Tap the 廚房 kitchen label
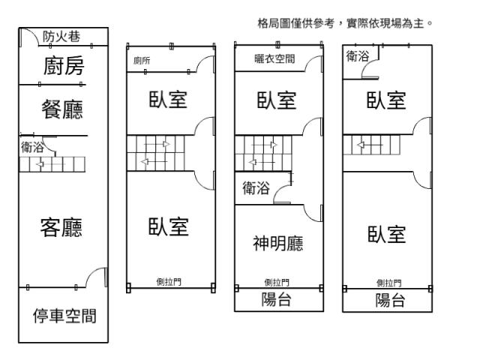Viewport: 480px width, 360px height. coord(62,67)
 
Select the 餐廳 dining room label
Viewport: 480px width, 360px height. coord(62,110)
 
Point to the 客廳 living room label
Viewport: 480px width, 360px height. coord(61,226)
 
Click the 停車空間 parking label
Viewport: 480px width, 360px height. coord(64,315)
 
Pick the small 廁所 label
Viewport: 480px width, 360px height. coord(141,61)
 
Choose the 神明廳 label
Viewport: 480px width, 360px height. coord(277,244)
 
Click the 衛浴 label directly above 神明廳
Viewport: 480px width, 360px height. coord(256,189)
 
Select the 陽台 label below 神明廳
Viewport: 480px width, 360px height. coord(277,301)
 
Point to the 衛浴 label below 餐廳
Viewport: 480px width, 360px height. coord(32,148)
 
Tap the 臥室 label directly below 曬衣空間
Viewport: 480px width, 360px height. coord(277,100)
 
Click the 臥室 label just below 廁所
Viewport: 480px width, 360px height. coord(167,100)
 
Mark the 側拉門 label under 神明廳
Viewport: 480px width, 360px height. coord(277,283)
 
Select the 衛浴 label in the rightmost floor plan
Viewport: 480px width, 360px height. coord(358,56)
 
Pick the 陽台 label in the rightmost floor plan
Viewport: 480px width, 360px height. coord(390,301)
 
